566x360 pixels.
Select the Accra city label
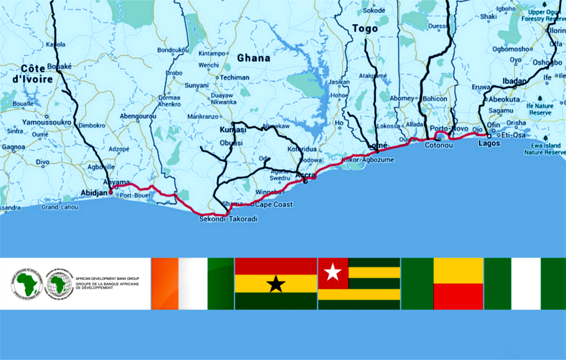pos(305,175)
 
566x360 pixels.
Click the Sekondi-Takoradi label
pos(228,219)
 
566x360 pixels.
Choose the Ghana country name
pos(254,58)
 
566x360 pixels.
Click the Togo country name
pos(365,29)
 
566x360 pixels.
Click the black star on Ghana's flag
pos(276,284)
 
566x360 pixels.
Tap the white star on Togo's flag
pos(333,272)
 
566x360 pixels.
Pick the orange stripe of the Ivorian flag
pos(164,283)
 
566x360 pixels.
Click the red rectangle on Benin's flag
pos(458,296)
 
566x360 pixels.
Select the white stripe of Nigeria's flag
pos(526,283)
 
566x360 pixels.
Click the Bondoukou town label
pos(173,50)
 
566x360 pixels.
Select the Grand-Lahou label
pos(57,208)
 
